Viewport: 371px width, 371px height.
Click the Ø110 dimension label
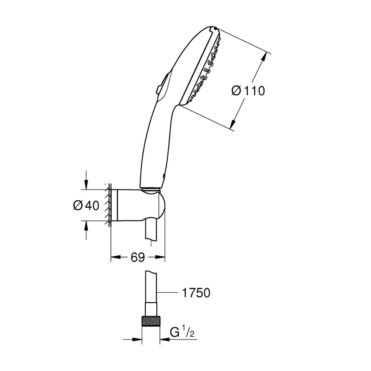tap(248, 91)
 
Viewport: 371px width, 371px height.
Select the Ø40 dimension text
tap(86, 206)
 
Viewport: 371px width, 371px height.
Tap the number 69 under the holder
tap(138, 257)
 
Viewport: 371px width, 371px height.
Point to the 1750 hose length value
tap(196, 293)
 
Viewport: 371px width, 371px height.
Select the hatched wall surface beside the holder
tap(108, 206)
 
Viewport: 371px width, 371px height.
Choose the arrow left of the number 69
tap(116, 257)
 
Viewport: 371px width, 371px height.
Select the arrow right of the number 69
tap(160, 257)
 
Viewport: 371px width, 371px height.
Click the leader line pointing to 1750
tap(168, 293)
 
